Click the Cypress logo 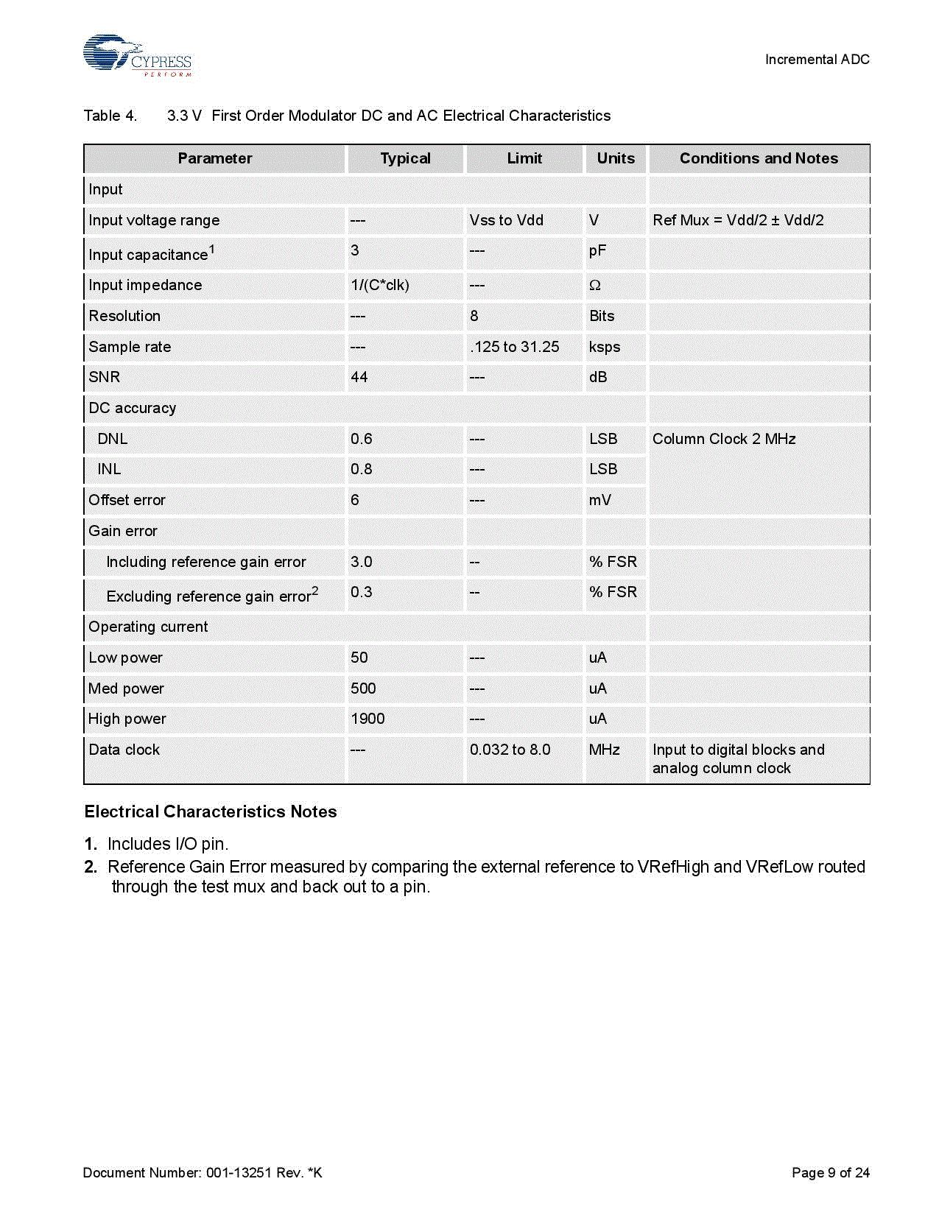coord(137,55)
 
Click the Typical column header coord(405,158)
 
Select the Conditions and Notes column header coord(759,158)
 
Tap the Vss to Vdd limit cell coord(506,220)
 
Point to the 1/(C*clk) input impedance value coord(380,285)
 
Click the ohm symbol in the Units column coord(595,286)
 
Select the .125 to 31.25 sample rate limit coord(514,347)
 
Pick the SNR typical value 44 coord(359,377)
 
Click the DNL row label coord(113,439)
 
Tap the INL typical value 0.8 coord(362,469)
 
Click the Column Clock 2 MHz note coord(724,439)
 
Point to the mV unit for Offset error coord(600,500)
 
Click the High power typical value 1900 coord(367,719)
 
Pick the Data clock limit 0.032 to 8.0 coord(510,750)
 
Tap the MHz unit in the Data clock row coord(604,750)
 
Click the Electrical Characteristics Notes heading coord(211,811)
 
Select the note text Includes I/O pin coord(168,844)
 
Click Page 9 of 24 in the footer coord(830,1172)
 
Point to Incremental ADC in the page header coord(817,60)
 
